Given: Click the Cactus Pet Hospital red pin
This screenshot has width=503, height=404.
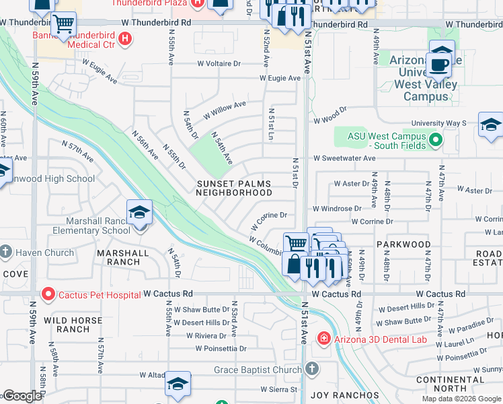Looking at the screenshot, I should [47, 294].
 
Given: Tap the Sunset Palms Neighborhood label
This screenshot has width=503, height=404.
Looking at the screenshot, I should [233, 188].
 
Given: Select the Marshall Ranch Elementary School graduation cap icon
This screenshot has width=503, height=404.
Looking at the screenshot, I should [139, 213].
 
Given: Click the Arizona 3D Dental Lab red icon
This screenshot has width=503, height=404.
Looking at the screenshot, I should [323, 338].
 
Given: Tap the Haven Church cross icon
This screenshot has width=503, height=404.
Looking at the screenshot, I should [5, 252].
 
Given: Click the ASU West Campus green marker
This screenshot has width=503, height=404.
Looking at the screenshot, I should [435, 140].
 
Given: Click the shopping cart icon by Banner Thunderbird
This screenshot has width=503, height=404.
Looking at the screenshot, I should [63, 25].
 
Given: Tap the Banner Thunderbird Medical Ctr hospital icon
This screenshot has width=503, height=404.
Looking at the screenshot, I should [124, 38].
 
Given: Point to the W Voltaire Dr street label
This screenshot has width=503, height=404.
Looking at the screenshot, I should [219, 64].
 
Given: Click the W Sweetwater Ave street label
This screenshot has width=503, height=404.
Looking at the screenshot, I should [344, 158].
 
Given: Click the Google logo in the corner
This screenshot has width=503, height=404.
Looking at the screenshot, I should [22, 396].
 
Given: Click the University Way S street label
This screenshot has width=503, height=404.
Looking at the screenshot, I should [440, 123].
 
